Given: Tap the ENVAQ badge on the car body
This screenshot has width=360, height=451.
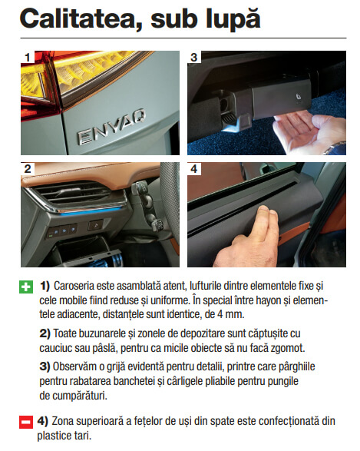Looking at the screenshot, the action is coord(111,127).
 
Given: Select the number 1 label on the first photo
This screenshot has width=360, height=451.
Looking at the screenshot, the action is coord(28,57).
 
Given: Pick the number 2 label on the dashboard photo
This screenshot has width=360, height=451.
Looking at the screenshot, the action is coord(28,168).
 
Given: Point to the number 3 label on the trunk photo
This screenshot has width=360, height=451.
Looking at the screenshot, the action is coord(194,57).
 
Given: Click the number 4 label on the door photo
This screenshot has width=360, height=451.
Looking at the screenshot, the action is coord(194,168).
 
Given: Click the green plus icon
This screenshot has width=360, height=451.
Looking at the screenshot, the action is coord(26,287).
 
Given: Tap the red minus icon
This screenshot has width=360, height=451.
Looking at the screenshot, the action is coord(26,422).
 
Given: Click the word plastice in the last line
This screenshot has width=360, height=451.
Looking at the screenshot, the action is coord(53,436).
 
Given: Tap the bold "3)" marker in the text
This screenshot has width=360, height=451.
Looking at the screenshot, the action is coord(45,366).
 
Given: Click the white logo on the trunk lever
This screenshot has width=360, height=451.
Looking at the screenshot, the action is coord(299,98).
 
